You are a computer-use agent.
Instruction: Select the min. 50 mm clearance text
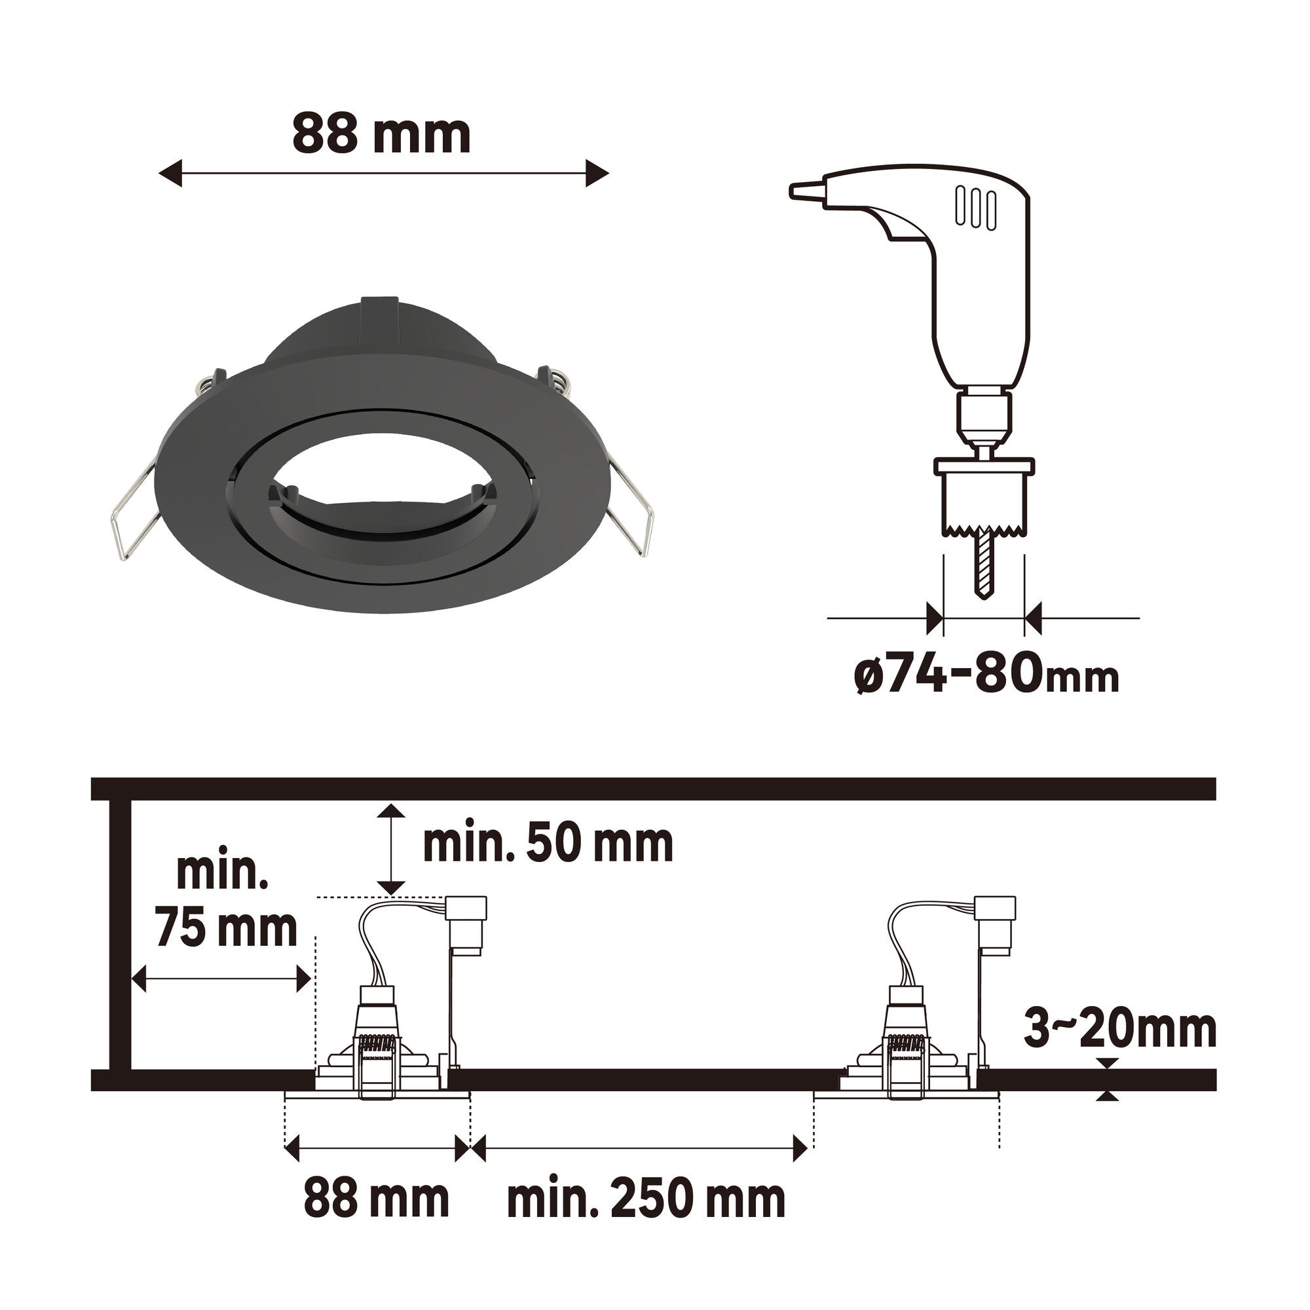tap(548, 844)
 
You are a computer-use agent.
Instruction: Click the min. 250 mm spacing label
tap(646, 1200)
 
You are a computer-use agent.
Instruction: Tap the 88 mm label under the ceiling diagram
tap(377, 1200)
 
